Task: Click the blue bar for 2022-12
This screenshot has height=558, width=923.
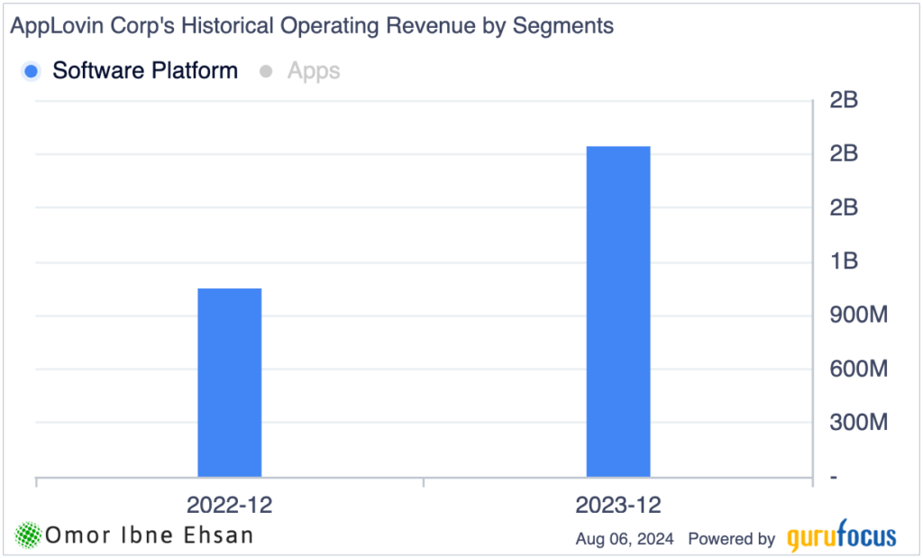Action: tap(229, 382)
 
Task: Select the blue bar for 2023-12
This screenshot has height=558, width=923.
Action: tap(618, 311)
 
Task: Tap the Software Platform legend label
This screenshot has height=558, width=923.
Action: tap(145, 70)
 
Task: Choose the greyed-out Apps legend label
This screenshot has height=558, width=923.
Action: tap(314, 70)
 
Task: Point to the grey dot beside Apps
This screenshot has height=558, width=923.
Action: tap(266, 71)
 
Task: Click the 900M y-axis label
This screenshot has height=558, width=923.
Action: tap(853, 316)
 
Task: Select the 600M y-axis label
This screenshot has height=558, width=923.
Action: tap(853, 369)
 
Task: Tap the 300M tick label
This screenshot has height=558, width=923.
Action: tap(853, 422)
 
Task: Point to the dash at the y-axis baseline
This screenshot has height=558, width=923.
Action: tap(834, 477)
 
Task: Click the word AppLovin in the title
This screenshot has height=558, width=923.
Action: tap(48, 26)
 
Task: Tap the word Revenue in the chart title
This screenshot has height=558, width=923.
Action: tap(425, 26)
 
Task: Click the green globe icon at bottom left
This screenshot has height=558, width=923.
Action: tap(28, 535)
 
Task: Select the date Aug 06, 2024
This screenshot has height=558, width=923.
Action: tap(626, 539)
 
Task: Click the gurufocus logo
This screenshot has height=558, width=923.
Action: tap(841, 538)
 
